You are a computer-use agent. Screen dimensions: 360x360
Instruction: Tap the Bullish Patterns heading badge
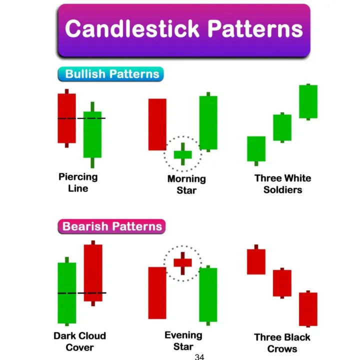[x=111, y=74]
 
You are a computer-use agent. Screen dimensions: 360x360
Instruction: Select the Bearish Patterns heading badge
[x=112, y=226]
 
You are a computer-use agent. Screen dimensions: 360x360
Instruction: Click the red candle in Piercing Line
[x=66, y=118]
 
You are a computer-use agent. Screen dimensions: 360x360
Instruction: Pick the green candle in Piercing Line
[x=92, y=134]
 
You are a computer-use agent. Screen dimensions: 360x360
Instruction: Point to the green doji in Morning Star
[x=182, y=154]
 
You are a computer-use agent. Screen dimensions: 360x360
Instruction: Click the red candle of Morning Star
[x=157, y=124]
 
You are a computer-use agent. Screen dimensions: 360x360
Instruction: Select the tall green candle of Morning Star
[x=208, y=122]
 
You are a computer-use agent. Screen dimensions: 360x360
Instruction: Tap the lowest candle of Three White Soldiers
[x=256, y=148]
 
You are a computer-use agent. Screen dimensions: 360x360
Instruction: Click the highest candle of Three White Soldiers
[x=308, y=101]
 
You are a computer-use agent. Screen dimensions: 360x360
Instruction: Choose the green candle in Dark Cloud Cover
[x=67, y=292]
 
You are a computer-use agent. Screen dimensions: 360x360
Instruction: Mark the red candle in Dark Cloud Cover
[x=92, y=272]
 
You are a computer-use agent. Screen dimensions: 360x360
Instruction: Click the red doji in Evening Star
[x=182, y=262]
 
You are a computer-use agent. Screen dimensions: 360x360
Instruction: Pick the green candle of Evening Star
[x=208, y=294]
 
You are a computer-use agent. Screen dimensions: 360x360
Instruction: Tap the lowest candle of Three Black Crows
[x=308, y=308]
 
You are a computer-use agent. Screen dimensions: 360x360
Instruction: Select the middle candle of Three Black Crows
[x=282, y=283]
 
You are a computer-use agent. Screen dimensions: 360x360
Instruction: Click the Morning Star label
[x=186, y=184]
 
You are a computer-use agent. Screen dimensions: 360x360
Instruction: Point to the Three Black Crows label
[x=282, y=343]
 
